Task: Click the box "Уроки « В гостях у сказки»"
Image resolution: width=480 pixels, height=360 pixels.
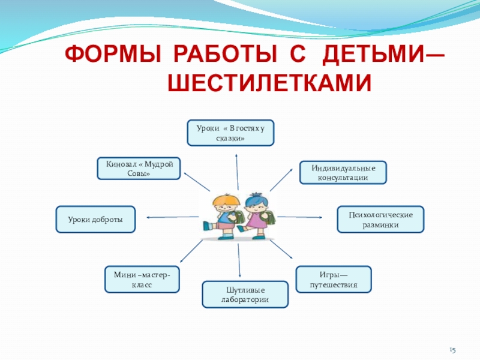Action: pos(230,133)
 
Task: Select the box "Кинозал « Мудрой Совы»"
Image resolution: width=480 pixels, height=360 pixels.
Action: pos(139,168)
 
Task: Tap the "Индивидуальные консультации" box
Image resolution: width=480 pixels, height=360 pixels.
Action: pos(343,172)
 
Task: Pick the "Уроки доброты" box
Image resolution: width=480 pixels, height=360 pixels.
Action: pos(95,219)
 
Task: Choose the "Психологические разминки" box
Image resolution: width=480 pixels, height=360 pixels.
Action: pos(380,219)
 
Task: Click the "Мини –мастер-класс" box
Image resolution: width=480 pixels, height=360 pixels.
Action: pos(142,279)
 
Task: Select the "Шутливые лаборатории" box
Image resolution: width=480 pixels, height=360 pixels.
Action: pos(245,294)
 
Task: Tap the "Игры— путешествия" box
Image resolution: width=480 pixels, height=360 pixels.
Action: pos(334,279)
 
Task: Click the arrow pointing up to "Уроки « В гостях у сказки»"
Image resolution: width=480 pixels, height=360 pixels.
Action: pos(237,171)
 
